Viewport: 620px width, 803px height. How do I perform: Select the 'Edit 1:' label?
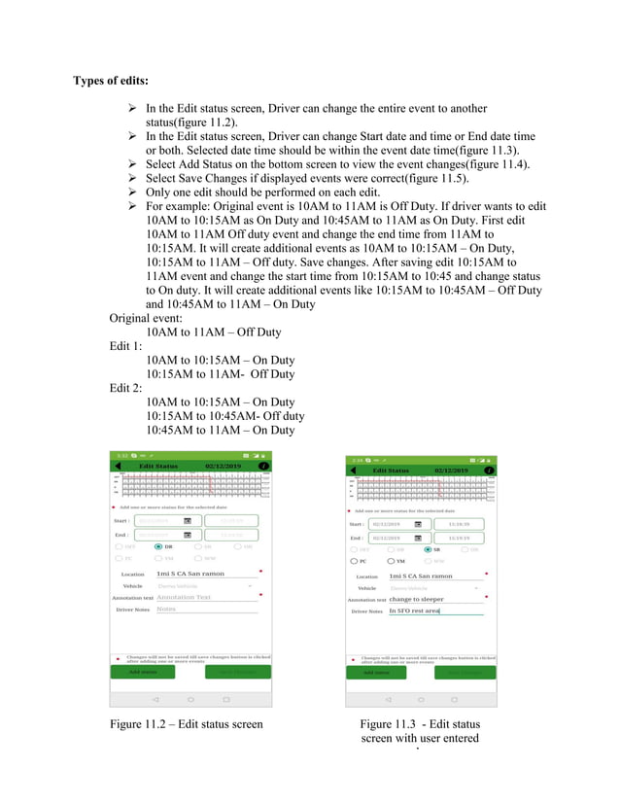pyautogui.click(x=126, y=346)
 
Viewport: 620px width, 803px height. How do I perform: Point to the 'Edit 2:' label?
pyautogui.click(x=126, y=388)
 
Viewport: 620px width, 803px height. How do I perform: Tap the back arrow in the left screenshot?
pyautogui.click(x=119, y=467)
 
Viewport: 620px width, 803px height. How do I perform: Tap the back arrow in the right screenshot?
pyautogui.click(x=354, y=470)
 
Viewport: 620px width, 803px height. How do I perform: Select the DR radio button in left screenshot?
pyautogui.click(x=157, y=547)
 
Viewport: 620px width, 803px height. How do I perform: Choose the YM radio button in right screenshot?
pyautogui.click(x=391, y=561)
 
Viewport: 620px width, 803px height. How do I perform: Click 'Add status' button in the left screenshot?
pyautogui.click(x=144, y=671)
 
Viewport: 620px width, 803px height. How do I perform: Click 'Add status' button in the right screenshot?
pyautogui.click(x=377, y=672)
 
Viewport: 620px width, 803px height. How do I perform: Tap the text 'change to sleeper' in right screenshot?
pyautogui.click(x=417, y=600)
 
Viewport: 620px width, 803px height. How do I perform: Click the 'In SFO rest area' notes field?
pyautogui.click(x=415, y=611)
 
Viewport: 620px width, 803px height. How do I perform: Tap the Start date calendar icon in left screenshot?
pyautogui.click(x=188, y=521)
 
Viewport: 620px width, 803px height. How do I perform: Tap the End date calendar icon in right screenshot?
pyautogui.click(x=418, y=538)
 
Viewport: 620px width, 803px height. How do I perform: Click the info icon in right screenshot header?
pyautogui.click(x=489, y=471)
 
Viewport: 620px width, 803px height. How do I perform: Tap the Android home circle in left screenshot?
pyautogui.click(x=190, y=699)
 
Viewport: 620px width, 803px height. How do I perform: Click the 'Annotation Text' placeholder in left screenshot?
pyautogui.click(x=184, y=597)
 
